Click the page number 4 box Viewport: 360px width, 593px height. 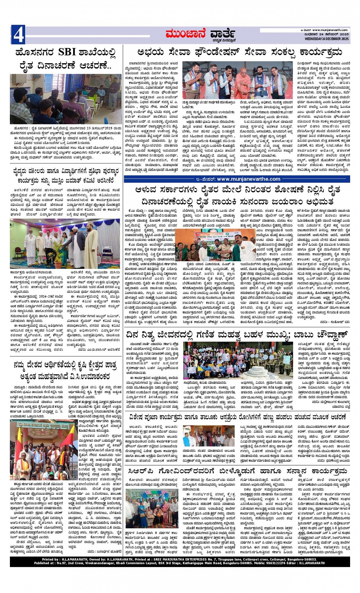[18, 35]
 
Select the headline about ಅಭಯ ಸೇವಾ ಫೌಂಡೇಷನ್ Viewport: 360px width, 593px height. [236, 52]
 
